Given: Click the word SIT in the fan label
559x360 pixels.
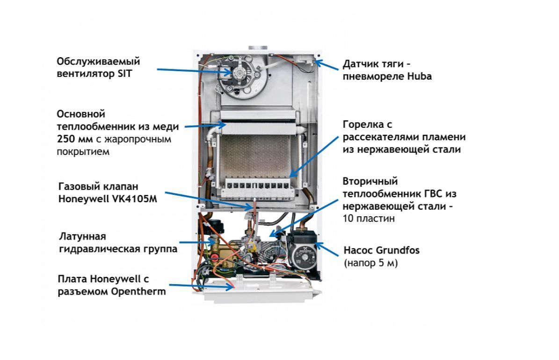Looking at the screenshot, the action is (125, 74).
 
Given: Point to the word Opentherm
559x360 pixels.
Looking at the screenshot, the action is (138, 292).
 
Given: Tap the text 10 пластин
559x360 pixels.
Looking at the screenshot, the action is (369, 218).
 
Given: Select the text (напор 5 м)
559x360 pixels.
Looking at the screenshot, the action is (370, 263).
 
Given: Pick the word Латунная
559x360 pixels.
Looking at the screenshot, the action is (82, 236).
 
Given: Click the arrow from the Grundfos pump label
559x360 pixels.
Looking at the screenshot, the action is (326, 249).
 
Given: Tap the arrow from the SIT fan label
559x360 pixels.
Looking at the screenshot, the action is (195, 71).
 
